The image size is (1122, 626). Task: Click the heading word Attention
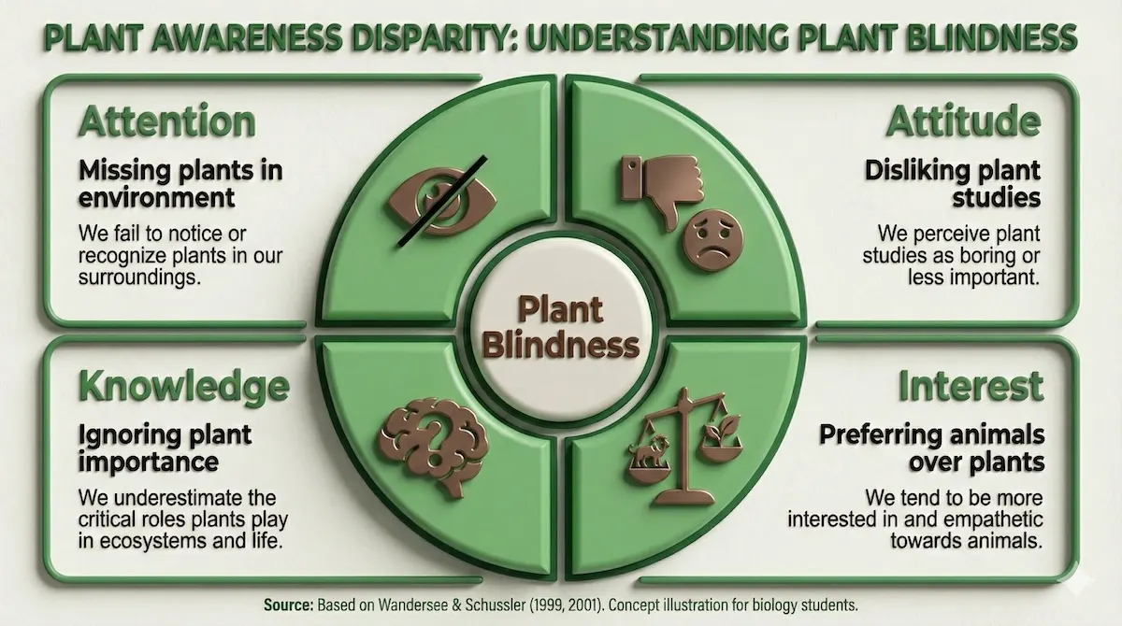click(166, 122)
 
